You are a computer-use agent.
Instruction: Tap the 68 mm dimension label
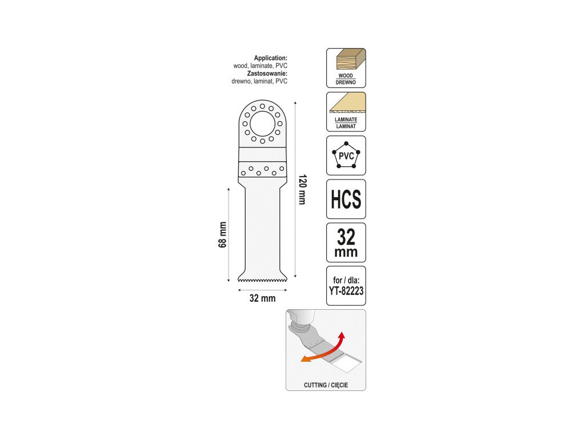[223, 234]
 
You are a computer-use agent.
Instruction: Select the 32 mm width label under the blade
[263, 298]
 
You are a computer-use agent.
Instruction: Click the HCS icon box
[346, 199]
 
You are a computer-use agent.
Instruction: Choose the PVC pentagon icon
[346, 155]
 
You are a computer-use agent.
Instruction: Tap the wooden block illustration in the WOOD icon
[347, 61]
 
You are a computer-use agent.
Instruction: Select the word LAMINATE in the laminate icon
[346, 120]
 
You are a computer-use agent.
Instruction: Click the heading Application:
[270, 58]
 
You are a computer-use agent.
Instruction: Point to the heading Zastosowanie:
[267, 74]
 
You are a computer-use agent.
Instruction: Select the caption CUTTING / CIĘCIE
[326, 385]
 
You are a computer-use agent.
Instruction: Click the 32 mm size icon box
[346, 242]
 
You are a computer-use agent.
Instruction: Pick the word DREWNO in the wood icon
[346, 82]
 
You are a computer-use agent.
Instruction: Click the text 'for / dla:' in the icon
[346, 281]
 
